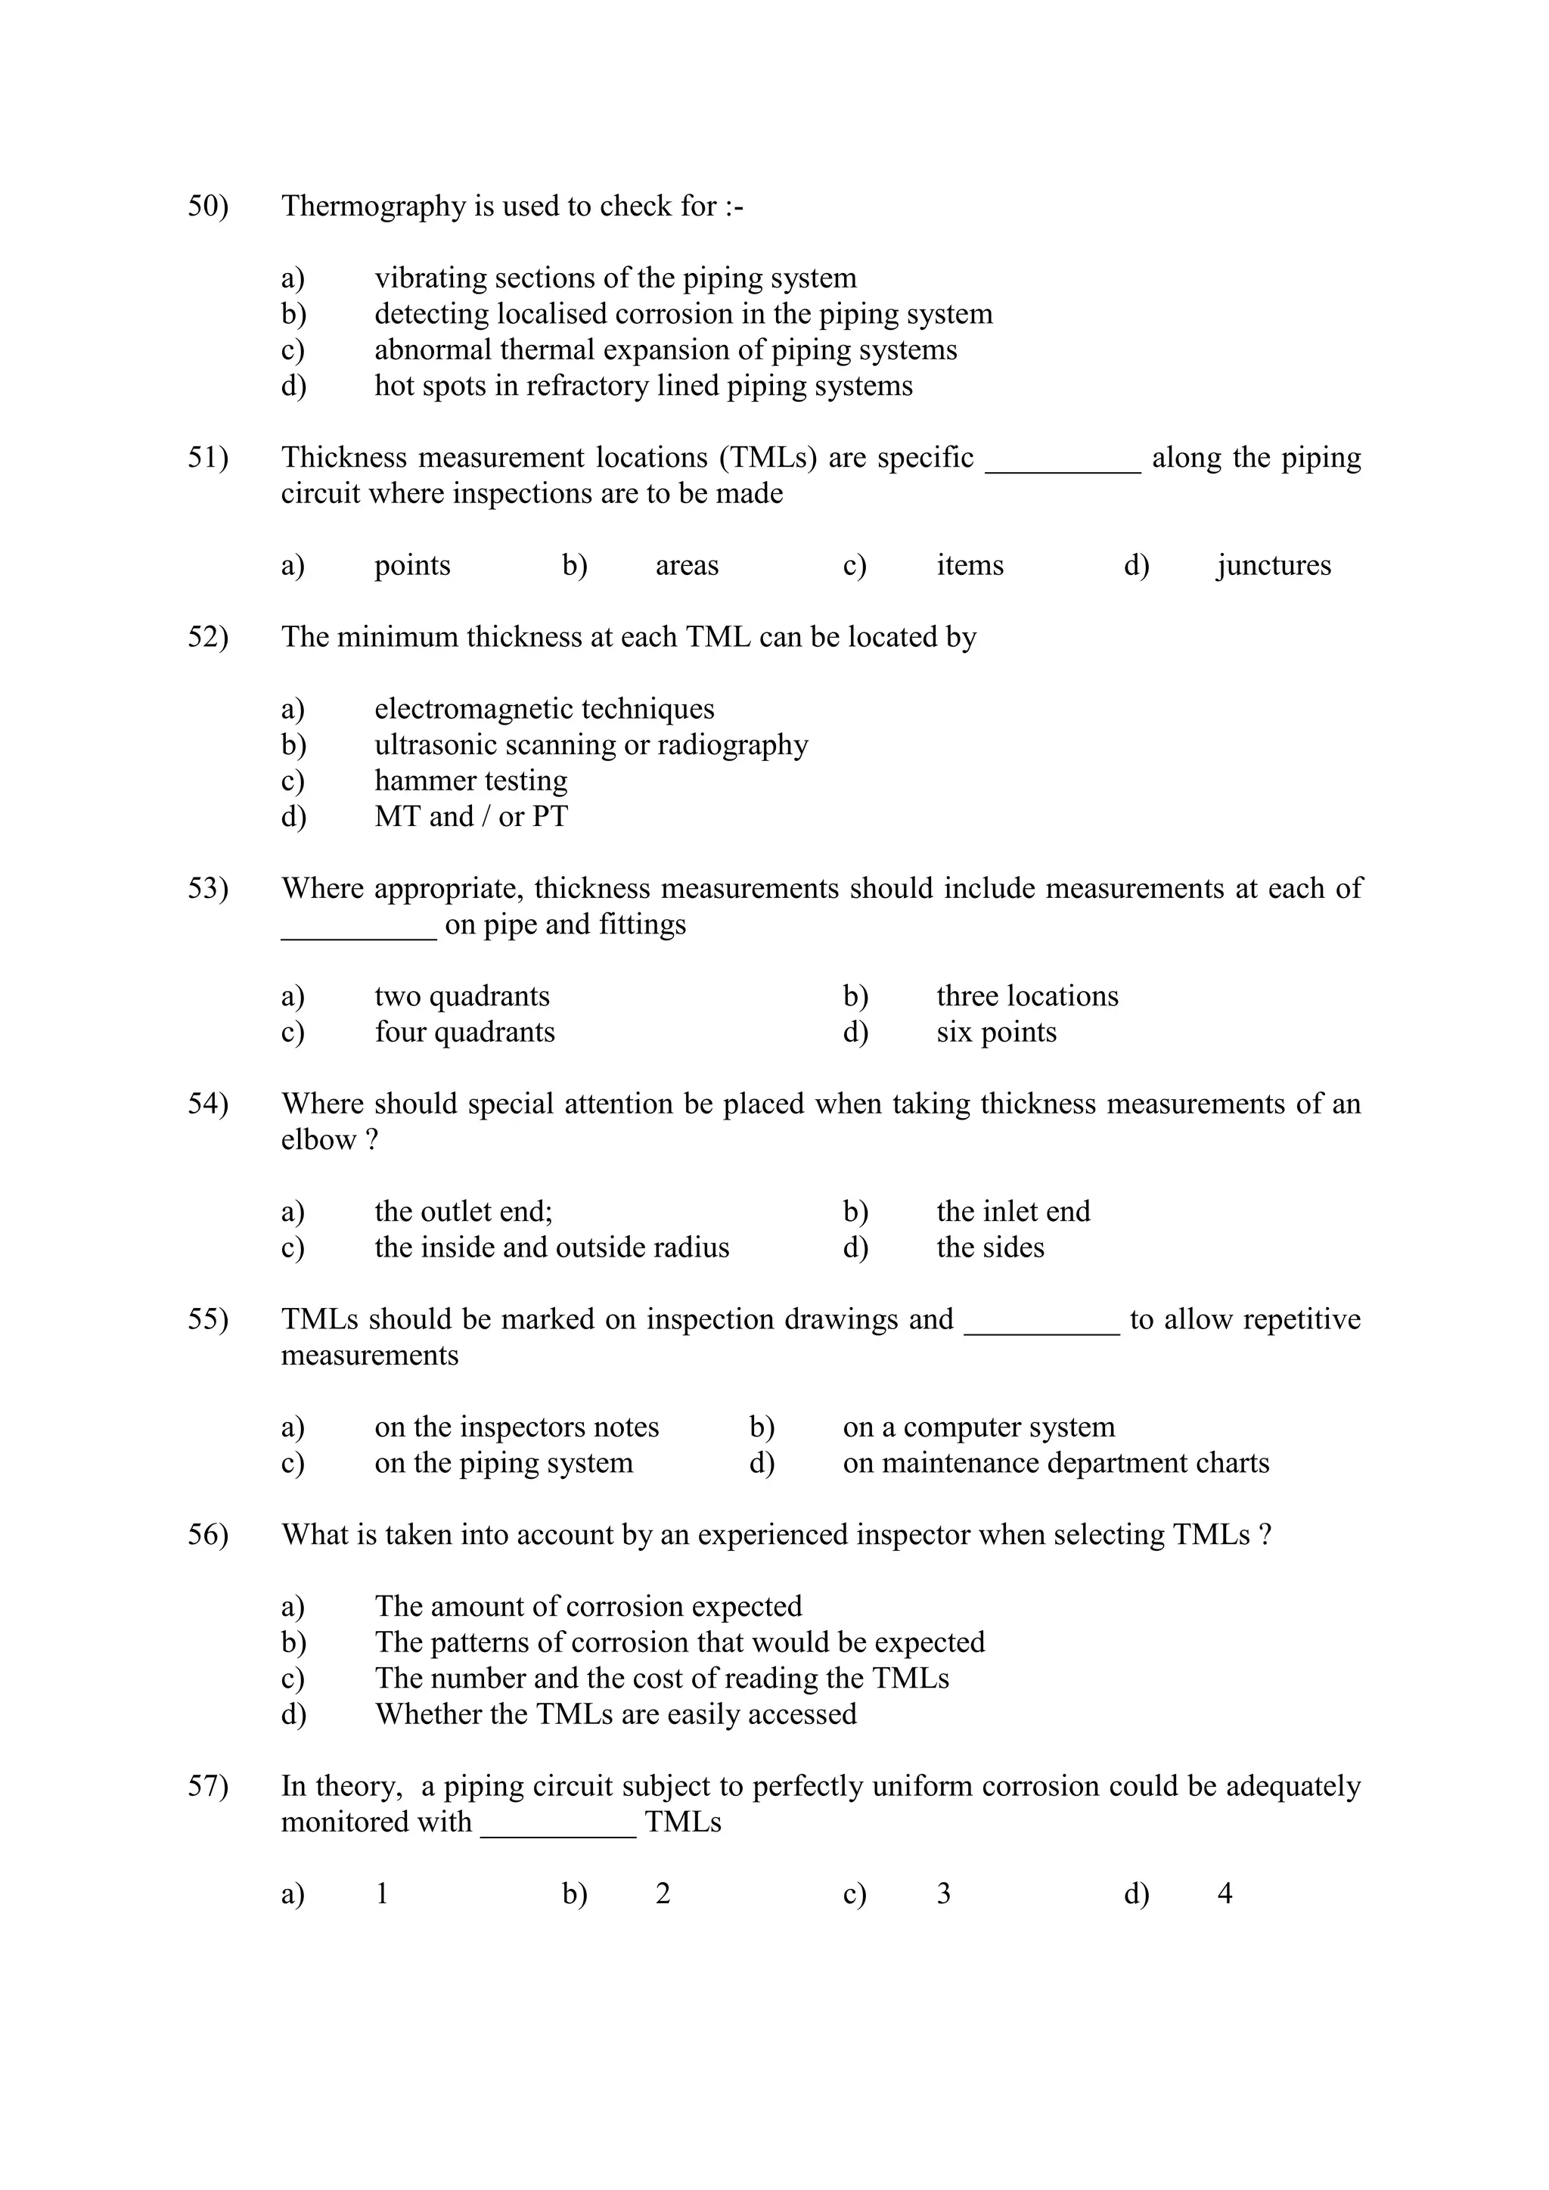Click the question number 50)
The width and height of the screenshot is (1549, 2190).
tap(208, 206)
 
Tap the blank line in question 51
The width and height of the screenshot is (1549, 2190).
tap(1063, 468)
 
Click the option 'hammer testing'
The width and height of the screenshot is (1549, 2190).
tap(470, 780)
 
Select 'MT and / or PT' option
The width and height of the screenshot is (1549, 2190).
tap(470, 816)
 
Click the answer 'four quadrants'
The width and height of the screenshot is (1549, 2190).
tap(464, 1032)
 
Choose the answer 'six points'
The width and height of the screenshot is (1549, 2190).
tap(996, 1032)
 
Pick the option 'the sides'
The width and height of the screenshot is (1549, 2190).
tap(990, 1247)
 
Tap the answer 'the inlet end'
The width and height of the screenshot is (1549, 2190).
tap(1013, 1211)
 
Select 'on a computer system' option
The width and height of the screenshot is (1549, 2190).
tap(979, 1427)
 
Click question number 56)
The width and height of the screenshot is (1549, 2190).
tap(208, 1535)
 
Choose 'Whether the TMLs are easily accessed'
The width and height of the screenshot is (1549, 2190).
tap(615, 1714)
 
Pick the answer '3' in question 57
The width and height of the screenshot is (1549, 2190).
tap(943, 1893)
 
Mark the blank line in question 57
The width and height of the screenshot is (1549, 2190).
tap(558, 1832)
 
